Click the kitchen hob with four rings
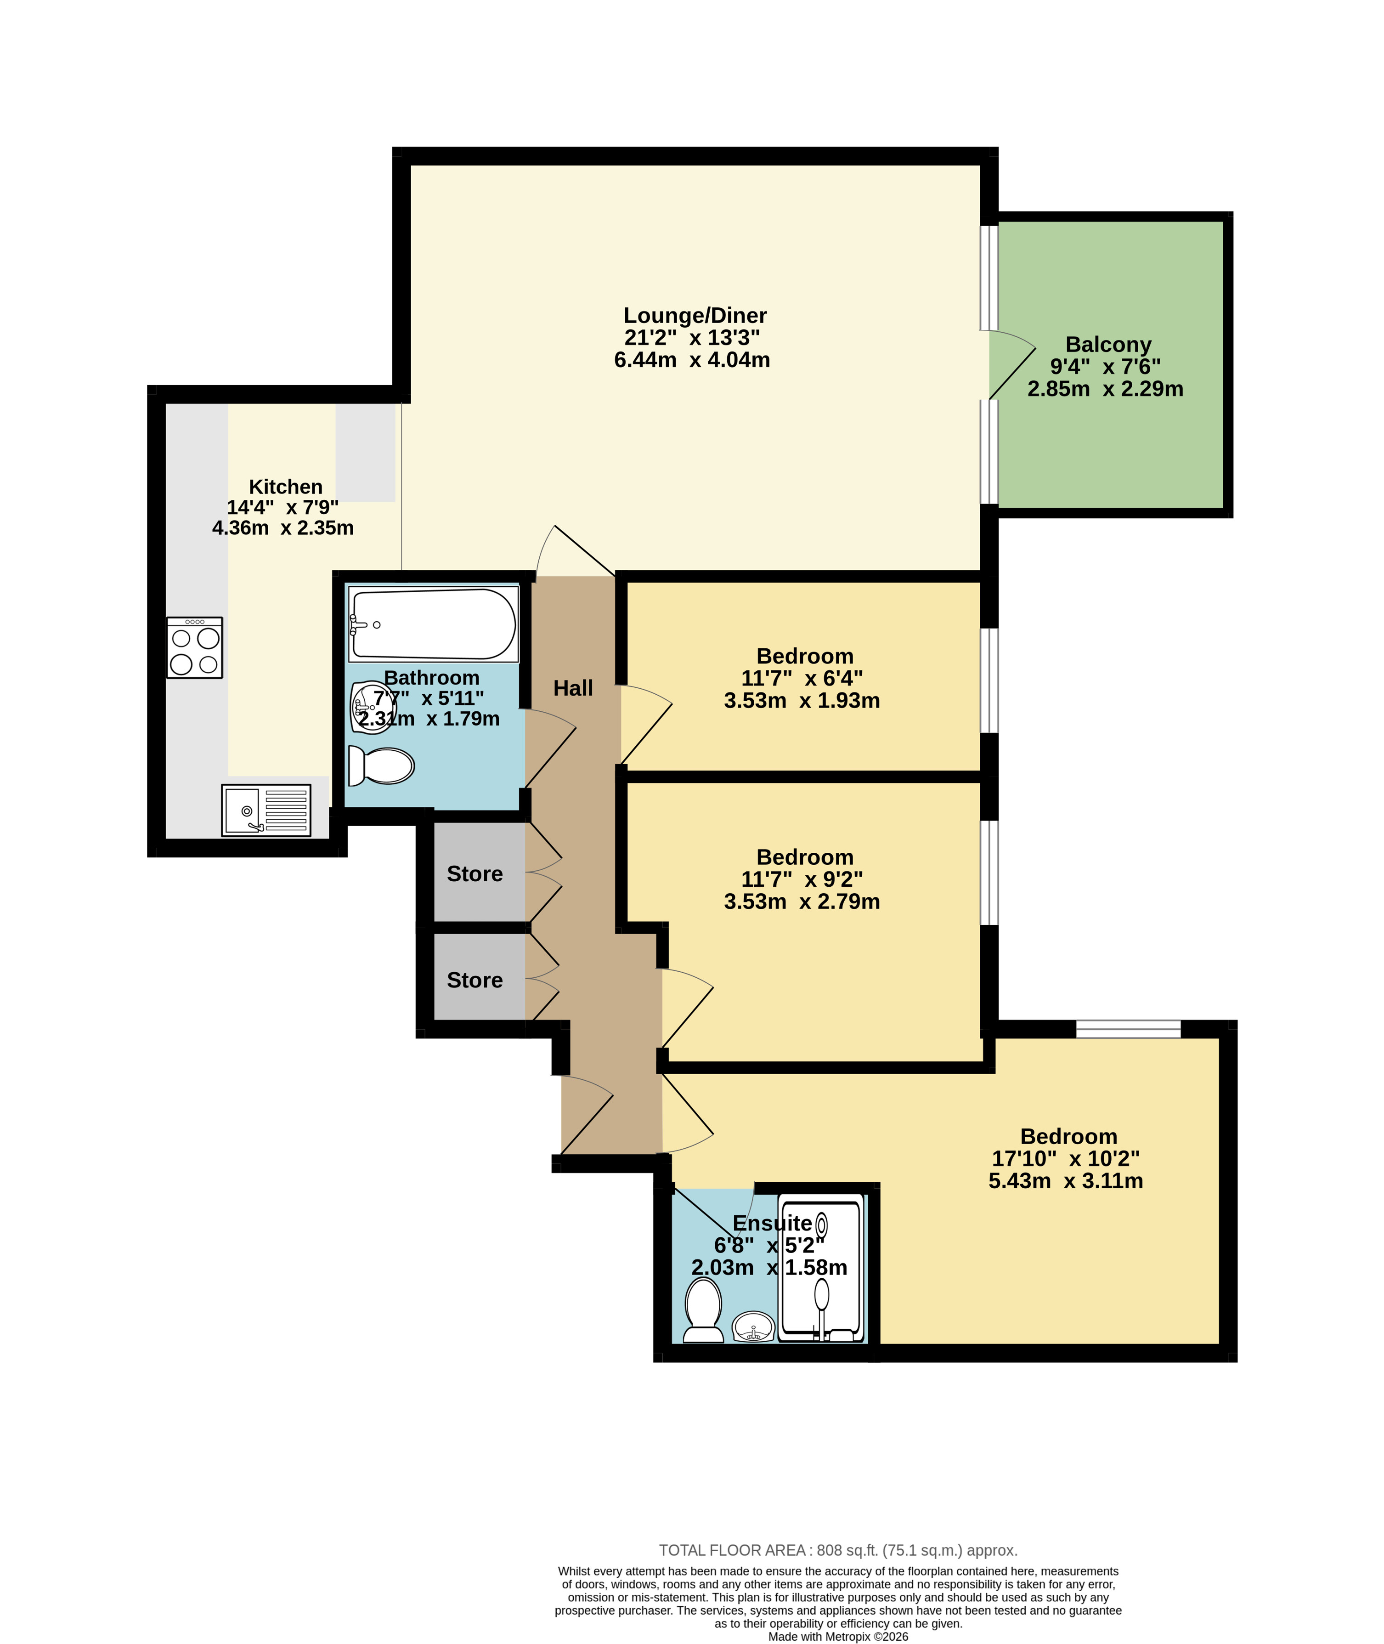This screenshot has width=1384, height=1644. pos(195,647)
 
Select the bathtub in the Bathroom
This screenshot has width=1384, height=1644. pos(433,624)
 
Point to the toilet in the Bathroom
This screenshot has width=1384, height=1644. pos(381,765)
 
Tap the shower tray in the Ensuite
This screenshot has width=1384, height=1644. pos(821,1269)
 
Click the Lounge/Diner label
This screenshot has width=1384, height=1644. pos(695,316)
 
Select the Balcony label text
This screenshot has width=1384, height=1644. pos(1108,345)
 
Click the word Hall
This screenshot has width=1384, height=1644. pos(573,688)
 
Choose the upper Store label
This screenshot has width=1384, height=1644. pos(475,873)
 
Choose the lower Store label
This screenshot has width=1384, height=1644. pos(475,980)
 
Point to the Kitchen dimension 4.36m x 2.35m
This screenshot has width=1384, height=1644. pos(283,527)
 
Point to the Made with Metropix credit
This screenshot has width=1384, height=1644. pos(838,1636)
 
